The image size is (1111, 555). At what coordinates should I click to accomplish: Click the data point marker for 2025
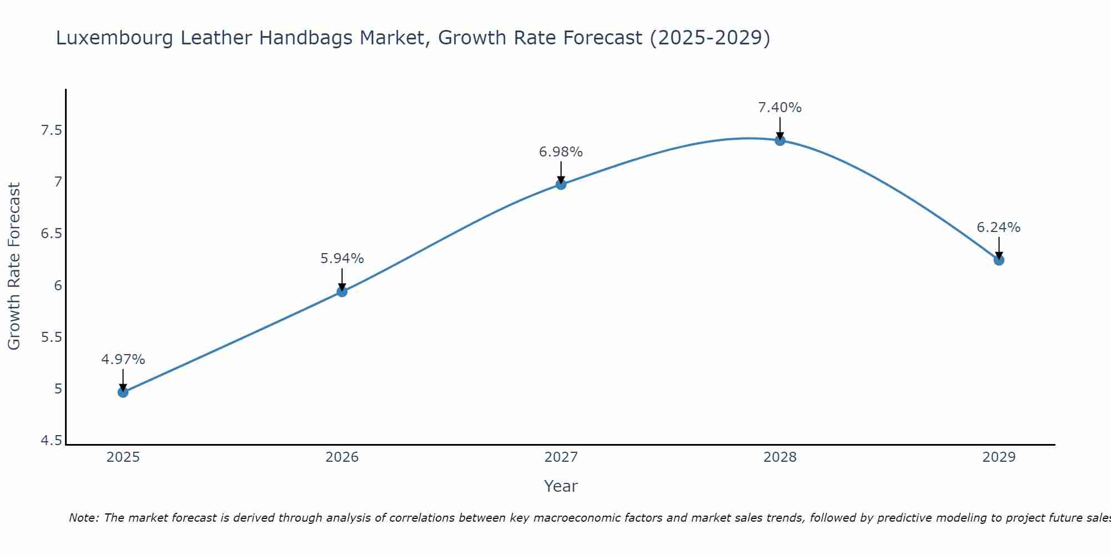tap(123, 392)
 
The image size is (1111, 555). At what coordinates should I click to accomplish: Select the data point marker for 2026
tap(342, 291)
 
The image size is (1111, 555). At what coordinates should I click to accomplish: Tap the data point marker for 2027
tap(561, 184)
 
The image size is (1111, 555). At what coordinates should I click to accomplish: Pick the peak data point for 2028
tap(780, 140)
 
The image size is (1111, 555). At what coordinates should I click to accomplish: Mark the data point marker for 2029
tap(999, 260)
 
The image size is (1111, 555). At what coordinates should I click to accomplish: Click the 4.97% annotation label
tap(123, 360)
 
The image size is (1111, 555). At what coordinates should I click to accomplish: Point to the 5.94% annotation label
tap(342, 259)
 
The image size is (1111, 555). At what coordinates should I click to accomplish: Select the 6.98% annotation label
tap(561, 152)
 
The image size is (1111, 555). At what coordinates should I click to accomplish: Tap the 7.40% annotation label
tap(780, 108)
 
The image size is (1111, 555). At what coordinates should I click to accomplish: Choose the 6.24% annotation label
tap(999, 228)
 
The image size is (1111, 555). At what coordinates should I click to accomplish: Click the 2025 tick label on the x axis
tap(123, 457)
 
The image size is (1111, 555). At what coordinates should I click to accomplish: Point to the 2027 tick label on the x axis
tap(561, 457)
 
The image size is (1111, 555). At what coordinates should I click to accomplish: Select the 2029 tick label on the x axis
tap(999, 457)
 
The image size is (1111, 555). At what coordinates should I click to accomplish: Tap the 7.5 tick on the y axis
tap(51, 131)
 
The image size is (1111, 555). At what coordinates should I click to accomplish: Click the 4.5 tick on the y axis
tap(51, 441)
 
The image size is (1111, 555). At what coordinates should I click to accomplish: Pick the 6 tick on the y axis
tap(58, 286)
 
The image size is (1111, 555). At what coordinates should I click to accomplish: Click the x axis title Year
tap(561, 486)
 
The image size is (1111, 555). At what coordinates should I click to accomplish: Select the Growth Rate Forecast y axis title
tap(14, 266)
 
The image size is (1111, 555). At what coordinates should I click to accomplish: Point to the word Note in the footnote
tap(83, 518)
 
